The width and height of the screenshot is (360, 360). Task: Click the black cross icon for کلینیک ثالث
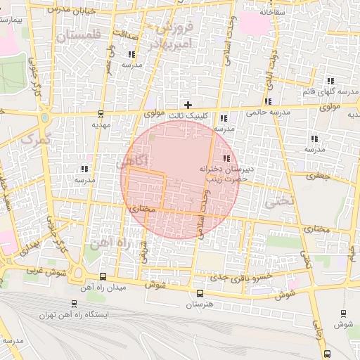[x=187, y=104]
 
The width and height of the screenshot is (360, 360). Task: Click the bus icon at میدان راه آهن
[x=104, y=276]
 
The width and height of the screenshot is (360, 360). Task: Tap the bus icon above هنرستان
[x=200, y=293]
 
